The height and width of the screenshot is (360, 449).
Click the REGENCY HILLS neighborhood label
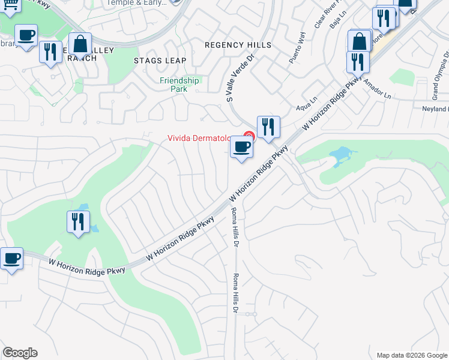point(238,45)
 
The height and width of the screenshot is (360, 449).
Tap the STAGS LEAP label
point(160,61)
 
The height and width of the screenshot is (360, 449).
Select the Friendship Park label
point(179,85)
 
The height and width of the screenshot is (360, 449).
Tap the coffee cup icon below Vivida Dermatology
point(241,147)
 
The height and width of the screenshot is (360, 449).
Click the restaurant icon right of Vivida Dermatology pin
point(268,127)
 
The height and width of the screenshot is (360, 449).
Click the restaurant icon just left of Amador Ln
point(357,62)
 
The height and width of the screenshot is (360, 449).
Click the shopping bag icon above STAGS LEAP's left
point(79,44)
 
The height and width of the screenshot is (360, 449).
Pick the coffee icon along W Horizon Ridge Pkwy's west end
point(11,259)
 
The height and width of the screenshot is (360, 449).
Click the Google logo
point(20,353)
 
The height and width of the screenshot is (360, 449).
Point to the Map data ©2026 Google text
point(412,355)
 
